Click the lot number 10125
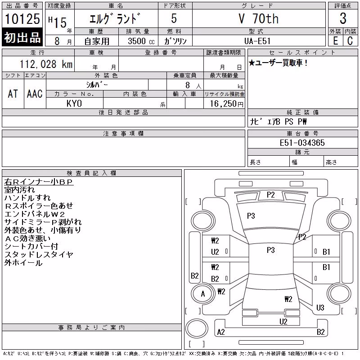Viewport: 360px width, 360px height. [x=22, y=19]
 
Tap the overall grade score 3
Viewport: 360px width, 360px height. [x=343, y=18]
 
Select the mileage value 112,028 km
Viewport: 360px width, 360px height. [x=46, y=64]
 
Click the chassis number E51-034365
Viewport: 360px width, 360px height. [x=302, y=143]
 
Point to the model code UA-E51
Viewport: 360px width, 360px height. [x=257, y=41]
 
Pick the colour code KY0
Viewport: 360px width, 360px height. [x=74, y=103]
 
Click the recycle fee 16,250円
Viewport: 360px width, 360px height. [x=227, y=104]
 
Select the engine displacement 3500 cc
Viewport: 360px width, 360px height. [x=141, y=41]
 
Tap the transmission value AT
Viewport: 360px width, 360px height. [x=13, y=94]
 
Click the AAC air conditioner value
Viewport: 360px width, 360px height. [x=35, y=94]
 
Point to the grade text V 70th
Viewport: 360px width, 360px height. [x=259, y=18]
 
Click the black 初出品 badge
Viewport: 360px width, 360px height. [x=22, y=37]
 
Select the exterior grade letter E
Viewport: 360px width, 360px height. [x=336, y=41]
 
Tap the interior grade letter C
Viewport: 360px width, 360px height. [x=350, y=41]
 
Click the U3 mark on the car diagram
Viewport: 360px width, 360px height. [x=320, y=308]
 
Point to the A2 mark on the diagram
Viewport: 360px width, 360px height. [x=221, y=332]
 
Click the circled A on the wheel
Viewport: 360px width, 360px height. [x=203, y=294]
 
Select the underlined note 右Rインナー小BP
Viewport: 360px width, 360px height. [x=39, y=182]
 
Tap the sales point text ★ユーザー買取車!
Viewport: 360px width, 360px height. [x=278, y=63]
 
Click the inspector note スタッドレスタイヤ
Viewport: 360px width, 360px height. [x=39, y=255]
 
